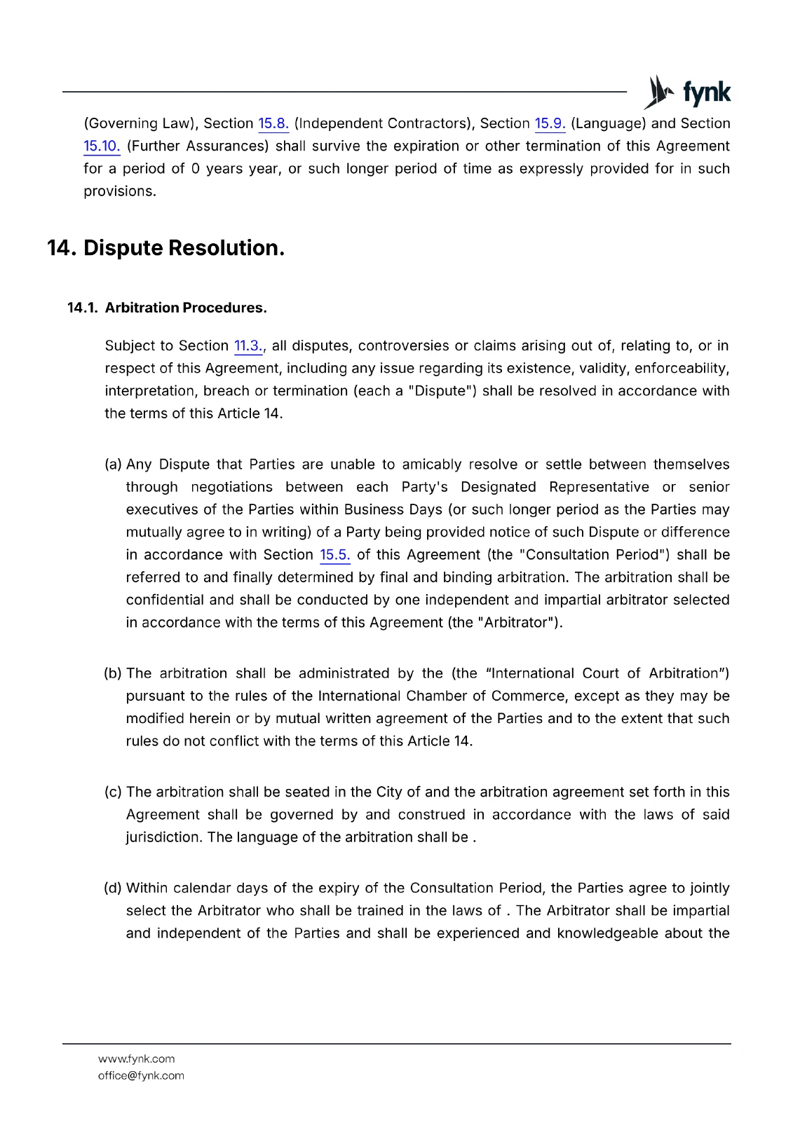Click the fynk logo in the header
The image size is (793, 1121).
click(688, 92)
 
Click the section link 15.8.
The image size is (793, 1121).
click(273, 124)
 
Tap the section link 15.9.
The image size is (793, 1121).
click(550, 124)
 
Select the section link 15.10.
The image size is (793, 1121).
click(102, 146)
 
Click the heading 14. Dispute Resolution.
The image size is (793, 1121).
click(165, 248)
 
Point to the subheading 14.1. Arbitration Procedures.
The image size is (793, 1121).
click(167, 308)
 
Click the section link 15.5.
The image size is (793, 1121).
click(334, 555)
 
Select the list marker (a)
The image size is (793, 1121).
click(113, 465)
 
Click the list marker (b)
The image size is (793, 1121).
click(113, 673)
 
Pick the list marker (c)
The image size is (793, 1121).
click(113, 792)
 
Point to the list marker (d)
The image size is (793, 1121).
click(113, 888)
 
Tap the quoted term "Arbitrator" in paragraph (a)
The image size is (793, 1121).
click(521, 623)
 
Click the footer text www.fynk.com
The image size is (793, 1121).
click(136, 1059)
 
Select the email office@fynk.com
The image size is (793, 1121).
click(141, 1076)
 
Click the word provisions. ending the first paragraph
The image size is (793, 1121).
click(120, 191)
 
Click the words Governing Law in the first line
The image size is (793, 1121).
click(140, 124)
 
